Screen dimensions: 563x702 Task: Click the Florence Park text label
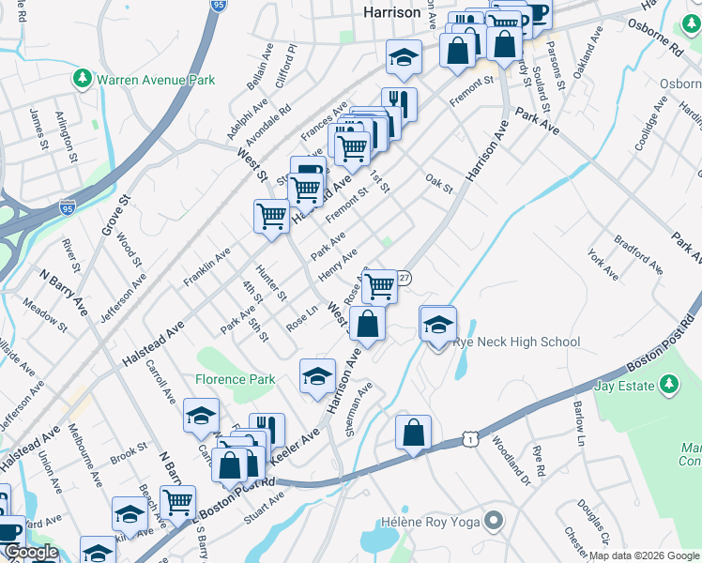(x=235, y=380)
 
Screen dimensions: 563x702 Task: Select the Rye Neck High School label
(x=516, y=342)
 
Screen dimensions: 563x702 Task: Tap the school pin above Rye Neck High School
(x=438, y=325)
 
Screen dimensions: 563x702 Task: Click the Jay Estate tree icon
(x=668, y=384)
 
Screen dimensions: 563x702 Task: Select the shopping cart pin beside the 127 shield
(x=380, y=285)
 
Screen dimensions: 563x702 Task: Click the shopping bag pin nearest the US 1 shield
(x=413, y=434)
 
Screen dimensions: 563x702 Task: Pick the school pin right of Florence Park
(x=317, y=376)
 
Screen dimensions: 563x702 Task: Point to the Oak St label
(x=438, y=182)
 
